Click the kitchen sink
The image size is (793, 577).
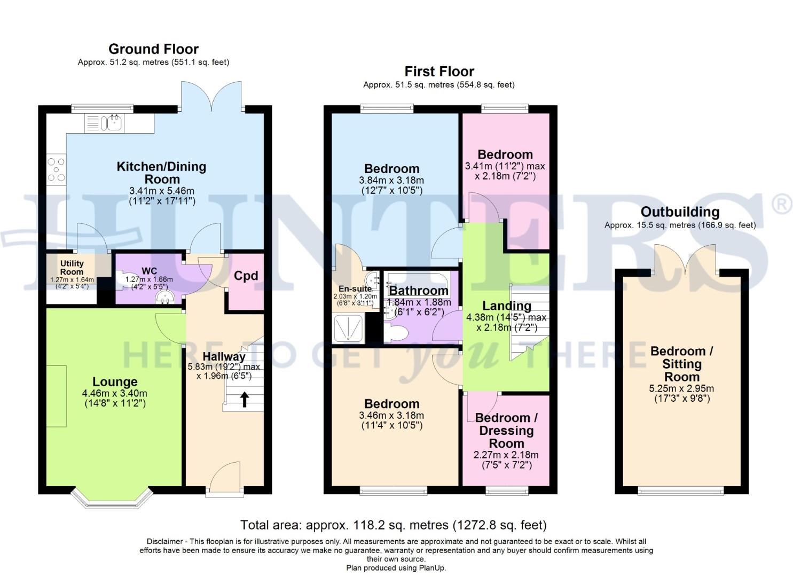pos(114,123)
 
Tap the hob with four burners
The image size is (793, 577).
pos(56,169)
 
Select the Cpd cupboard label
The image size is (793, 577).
pos(246,276)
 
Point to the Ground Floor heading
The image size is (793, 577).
pos(153,49)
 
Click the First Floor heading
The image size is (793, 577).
pos(439,72)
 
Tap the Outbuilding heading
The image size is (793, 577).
pos(680,212)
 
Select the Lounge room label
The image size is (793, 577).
pos(115,382)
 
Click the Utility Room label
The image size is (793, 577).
pos(72,267)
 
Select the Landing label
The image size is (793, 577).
pos(506,306)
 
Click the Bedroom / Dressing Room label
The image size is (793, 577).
pos(506,431)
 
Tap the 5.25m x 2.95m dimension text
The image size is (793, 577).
pos(682,388)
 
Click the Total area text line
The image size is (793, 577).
pos(393,525)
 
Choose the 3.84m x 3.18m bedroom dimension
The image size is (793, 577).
pos(391,181)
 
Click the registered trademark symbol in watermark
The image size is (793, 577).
pos(783,205)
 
